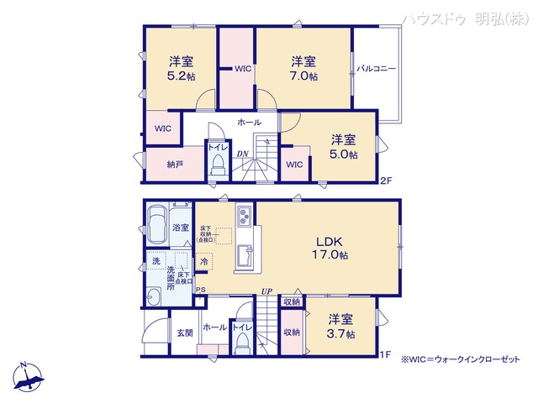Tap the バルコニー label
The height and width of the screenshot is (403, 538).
[x=375, y=67]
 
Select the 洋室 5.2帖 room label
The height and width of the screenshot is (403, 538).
[x=181, y=67]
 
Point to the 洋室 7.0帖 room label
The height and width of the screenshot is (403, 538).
[x=303, y=67]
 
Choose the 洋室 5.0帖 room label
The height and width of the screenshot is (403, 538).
[x=343, y=147]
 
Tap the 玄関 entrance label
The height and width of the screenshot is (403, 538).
[x=184, y=334]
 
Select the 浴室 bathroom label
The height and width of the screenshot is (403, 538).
[x=181, y=228]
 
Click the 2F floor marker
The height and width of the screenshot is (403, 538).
[x=387, y=180]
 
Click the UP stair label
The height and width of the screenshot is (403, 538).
[x=266, y=290]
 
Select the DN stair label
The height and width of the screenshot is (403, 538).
[x=241, y=154]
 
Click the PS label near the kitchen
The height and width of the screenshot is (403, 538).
[x=200, y=290]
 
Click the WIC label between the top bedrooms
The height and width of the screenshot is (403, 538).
[x=243, y=68]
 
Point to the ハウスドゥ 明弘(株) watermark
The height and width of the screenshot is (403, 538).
[x=464, y=18]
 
